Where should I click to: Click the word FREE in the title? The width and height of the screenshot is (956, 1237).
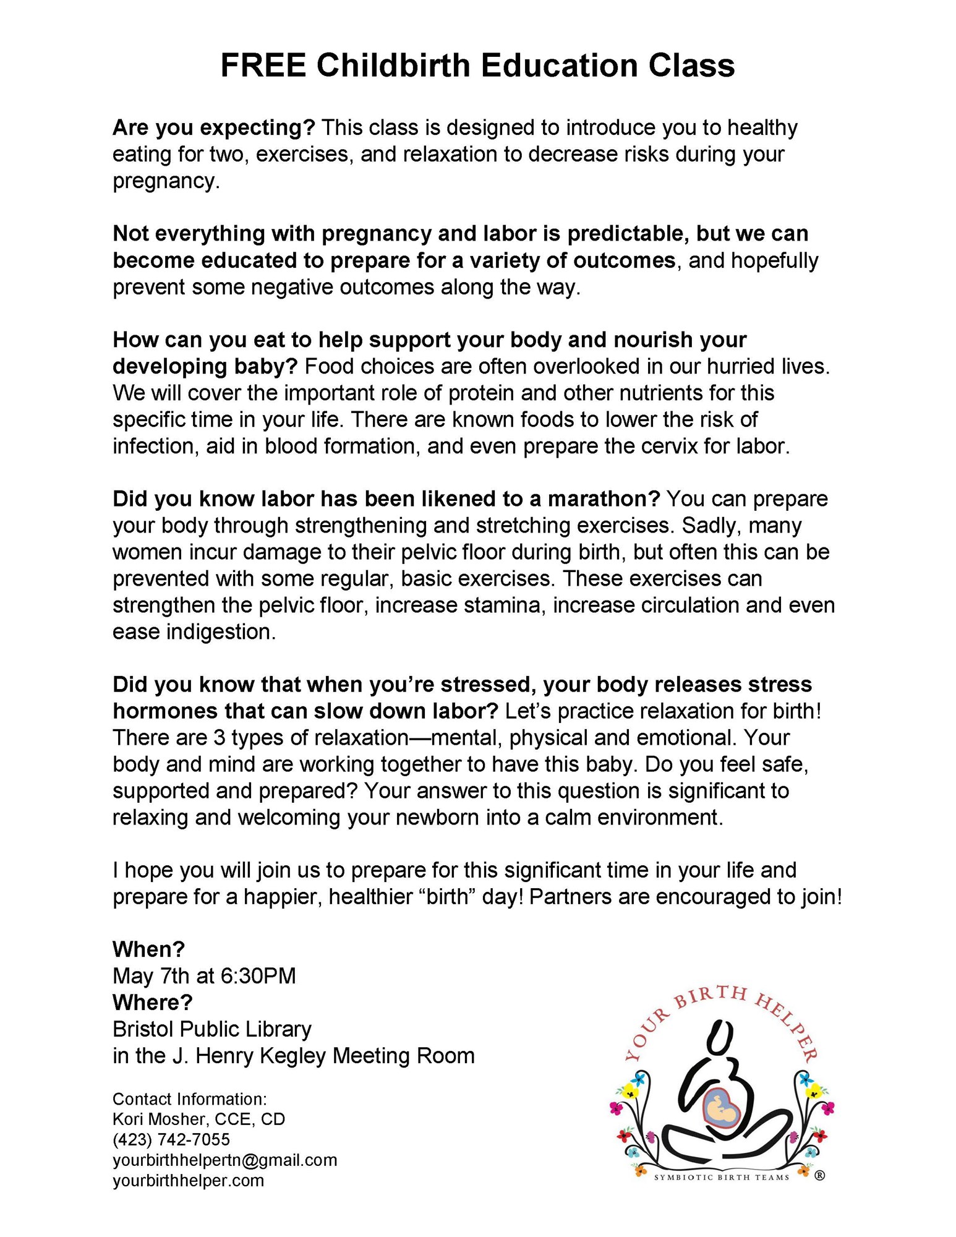[263, 66]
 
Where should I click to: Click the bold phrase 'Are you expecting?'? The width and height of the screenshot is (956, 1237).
[213, 128]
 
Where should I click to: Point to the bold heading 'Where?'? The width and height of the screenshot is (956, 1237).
[152, 1002]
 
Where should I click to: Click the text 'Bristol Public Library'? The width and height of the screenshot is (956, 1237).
[211, 1029]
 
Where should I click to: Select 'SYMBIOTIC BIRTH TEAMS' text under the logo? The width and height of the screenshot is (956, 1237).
[722, 1177]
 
